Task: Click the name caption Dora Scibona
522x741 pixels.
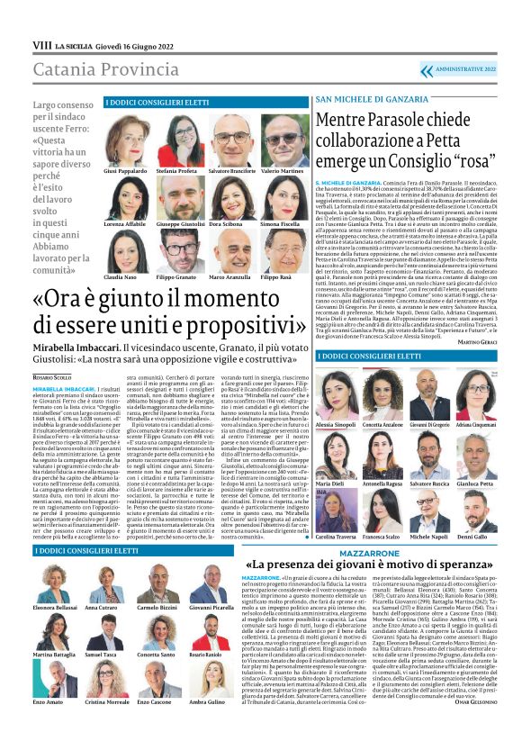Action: [229, 223]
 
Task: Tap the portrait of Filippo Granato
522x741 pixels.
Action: [176, 251]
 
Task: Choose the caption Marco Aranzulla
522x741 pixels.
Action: [229, 277]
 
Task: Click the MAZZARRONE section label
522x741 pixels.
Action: [391, 550]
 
